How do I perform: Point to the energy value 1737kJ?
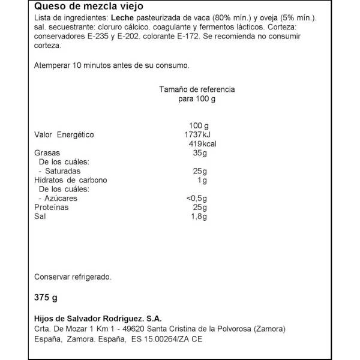198,135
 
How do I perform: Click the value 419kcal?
202,145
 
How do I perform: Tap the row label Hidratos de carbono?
71,181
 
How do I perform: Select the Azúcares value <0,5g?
197,199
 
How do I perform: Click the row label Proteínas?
52,208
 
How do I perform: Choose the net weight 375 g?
46,297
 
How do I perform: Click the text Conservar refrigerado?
73,277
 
